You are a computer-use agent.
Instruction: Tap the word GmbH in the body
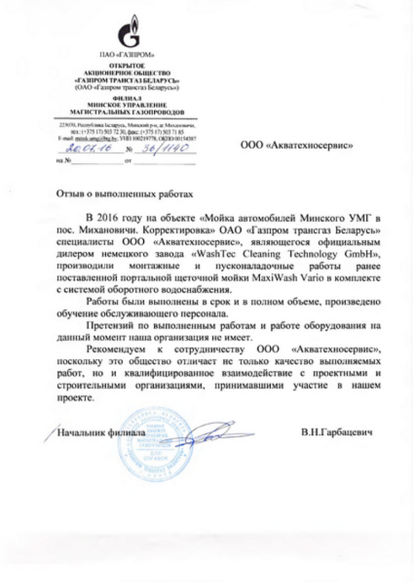(361, 253)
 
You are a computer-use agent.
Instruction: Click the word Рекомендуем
(117, 349)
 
